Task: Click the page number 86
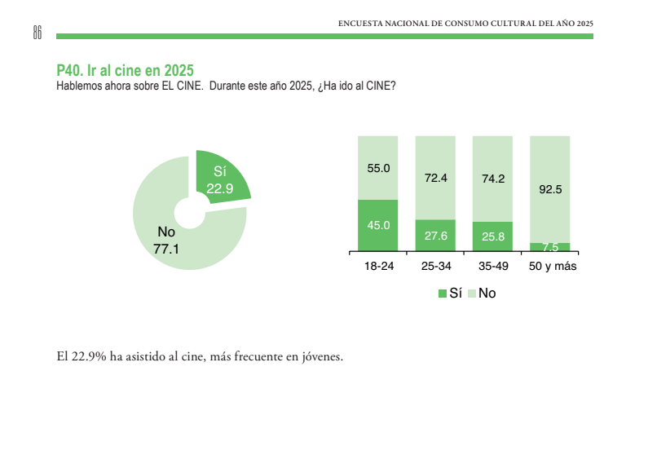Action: [x=37, y=32]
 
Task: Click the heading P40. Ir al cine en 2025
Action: [x=125, y=71]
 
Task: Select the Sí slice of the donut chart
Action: [x=222, y=175]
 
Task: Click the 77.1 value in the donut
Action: [x=166, y=249]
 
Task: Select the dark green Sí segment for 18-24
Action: [x=378, y=225]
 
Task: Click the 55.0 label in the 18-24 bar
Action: [x=378, y=168]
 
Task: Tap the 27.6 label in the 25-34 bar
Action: [x=435, y=236]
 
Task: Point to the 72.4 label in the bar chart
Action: [x=435, y=177]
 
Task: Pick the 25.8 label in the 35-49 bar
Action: [x=492, y=236]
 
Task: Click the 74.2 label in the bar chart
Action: [x=492, y=178]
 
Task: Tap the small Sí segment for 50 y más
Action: [x=549, y=247]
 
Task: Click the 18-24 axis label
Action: [x=378, y=267]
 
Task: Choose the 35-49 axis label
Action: [x=492, y=267]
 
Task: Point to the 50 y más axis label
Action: [x=553, y=267]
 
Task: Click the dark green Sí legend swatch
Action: [x=443, y=293]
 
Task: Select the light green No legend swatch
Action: [x=471, y=293]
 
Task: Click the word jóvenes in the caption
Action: [x=321, y=356]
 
